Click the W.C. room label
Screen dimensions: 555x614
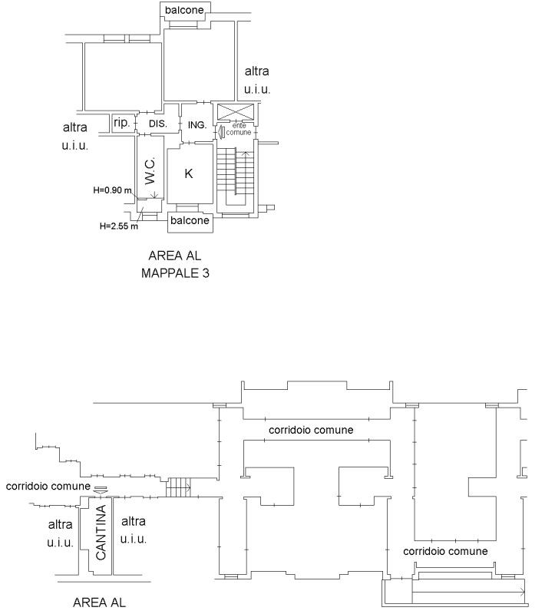150,170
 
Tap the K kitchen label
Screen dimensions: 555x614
188,173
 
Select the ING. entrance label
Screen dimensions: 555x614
197,125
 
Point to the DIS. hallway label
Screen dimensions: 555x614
158,124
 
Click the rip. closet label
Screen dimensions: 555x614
122,123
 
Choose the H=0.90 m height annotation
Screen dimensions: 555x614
112,190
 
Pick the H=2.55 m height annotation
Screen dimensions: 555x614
119,226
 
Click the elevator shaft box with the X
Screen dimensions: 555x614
236,111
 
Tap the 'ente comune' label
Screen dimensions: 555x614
239,129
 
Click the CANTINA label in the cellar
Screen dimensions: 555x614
101,532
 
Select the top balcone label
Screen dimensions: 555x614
184,10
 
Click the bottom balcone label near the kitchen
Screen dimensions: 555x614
190,220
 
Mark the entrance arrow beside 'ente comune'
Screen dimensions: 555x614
221,131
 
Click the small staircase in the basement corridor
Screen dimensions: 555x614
178,487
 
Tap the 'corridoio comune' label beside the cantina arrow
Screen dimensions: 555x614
48,487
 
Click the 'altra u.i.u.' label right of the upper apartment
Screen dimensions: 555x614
257,81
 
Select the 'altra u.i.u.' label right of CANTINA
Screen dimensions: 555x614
134,530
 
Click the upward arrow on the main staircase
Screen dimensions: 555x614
246,173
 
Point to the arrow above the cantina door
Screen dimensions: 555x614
101,490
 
